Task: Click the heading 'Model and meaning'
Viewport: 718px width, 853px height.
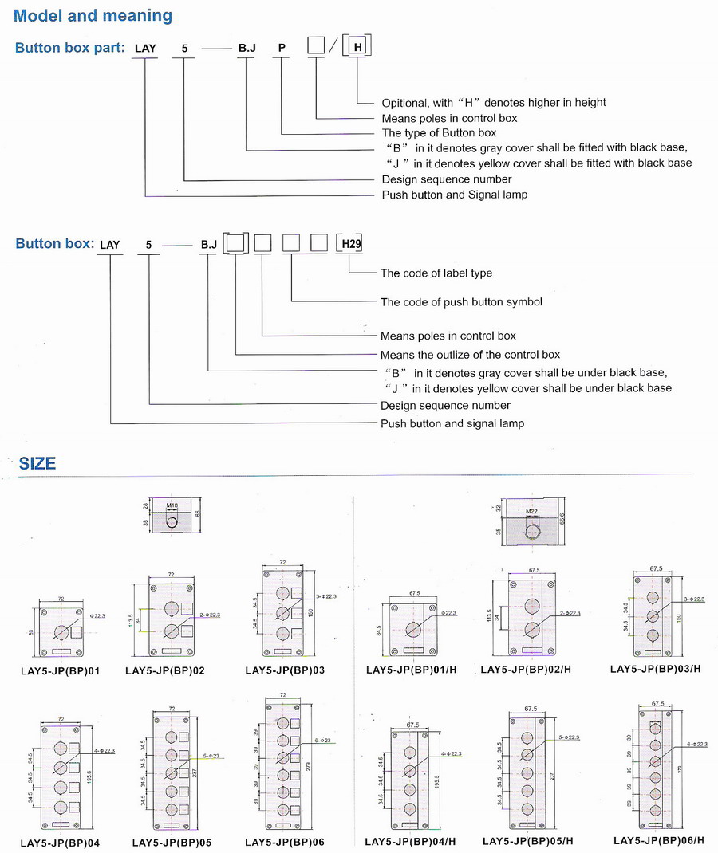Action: (93, 15)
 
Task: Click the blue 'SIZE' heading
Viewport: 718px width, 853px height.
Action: (37, 463)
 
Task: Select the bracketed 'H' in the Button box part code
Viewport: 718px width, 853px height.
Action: (358, 48)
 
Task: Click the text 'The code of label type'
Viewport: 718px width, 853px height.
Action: (436, 273)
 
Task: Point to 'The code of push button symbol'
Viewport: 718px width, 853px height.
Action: (461, 302)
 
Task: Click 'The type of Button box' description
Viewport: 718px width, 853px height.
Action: (439, 133)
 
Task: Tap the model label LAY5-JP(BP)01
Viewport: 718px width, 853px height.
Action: (60, 671)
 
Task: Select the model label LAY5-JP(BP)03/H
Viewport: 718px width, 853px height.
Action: (655, 669)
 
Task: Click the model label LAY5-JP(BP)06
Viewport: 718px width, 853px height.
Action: (285, 842)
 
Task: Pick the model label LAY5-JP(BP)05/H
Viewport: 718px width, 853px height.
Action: (527, 842)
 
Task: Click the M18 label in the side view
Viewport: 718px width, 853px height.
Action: (172, 505)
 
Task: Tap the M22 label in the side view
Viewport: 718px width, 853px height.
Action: (532, 511)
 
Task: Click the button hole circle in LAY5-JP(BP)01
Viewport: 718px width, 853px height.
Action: (61, 633)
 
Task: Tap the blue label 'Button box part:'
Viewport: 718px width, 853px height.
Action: (70, 48)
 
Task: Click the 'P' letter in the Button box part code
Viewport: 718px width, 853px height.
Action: (282, 48)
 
